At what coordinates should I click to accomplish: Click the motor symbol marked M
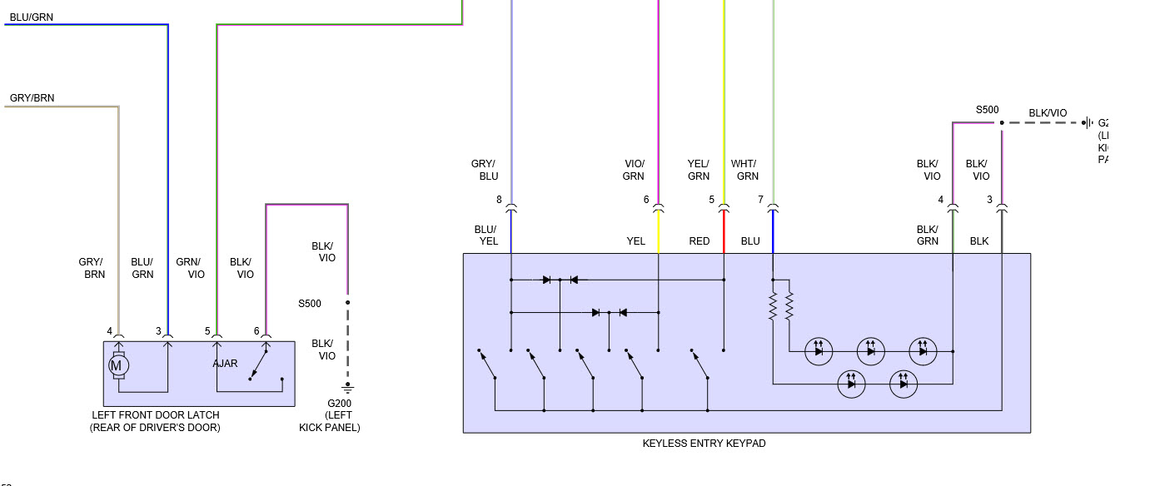coord(117,364)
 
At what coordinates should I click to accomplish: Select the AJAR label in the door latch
coord(225,364)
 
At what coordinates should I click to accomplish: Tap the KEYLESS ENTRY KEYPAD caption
coord(704,444)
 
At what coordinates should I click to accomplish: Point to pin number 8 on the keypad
coord(499,200)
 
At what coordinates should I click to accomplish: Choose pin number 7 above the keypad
coord(760,200)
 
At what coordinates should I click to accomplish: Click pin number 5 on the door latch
coord(207,331)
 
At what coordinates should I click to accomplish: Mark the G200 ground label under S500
coord(340,404)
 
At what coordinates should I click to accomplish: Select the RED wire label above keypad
coord(699,241)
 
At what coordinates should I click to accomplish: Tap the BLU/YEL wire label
coord(485,236)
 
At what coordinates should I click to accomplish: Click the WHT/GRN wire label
coord(744,170)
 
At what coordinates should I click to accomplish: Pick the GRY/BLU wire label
coord(484,170)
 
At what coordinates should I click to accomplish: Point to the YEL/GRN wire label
coord(699,170)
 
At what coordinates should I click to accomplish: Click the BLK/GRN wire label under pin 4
coord(928,236)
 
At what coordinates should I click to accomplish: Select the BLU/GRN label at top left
coord(31,17)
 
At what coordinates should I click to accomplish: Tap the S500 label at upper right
coord(987,110)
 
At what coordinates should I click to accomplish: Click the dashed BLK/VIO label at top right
coord(1048,113)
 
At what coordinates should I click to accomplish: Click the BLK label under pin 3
coord(979,241)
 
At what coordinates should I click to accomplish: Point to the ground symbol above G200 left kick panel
coord(348,387)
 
